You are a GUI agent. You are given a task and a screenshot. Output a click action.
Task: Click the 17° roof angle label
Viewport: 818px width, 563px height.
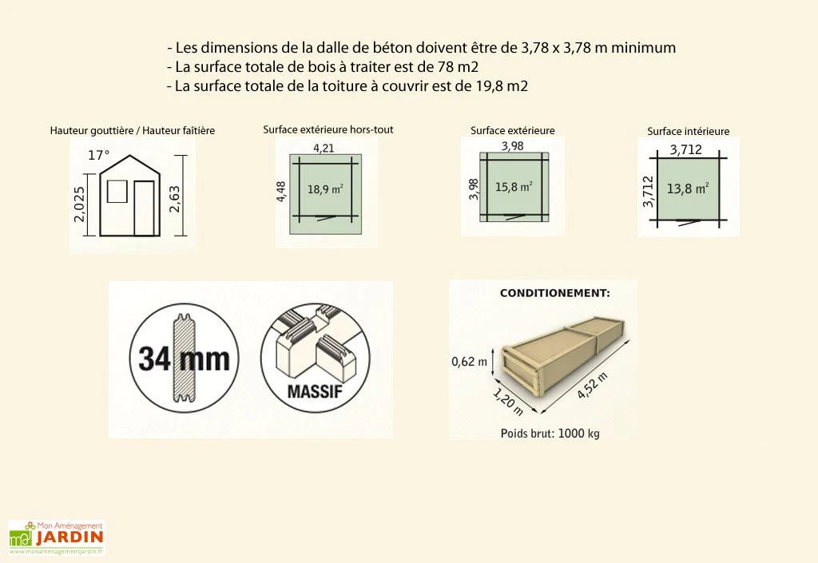[x=98, y=156]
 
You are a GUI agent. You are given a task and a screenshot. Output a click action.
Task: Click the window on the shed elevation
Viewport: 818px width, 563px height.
[x=117, y=192]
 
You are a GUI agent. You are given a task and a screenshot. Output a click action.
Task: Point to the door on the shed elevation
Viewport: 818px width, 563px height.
[x=144, y=208]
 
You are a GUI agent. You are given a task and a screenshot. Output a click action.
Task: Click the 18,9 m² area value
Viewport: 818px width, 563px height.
[x=325, y=190]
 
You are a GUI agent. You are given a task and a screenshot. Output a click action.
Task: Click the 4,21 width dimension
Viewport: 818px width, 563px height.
[x=324, y=148]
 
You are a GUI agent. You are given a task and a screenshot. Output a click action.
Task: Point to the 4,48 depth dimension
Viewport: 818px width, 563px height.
[x=280, y=192]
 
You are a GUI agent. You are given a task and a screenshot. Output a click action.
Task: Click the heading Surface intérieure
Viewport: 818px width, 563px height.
[x=688, y=131]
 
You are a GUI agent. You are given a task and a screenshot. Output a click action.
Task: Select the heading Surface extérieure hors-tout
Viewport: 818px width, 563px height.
[x=328, y=129]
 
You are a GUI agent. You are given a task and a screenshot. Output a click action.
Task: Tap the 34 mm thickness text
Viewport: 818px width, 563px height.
[x=184, y=359]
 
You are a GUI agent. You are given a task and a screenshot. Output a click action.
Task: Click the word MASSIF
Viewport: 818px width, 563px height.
[x=314, y=392]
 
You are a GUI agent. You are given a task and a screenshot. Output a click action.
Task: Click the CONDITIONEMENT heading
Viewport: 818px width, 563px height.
[x=554, y=293]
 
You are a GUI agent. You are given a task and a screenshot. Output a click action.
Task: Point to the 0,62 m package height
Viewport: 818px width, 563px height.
[x=469, y=362]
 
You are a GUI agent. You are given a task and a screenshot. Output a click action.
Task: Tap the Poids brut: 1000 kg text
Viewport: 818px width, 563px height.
[x=550, y=434]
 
